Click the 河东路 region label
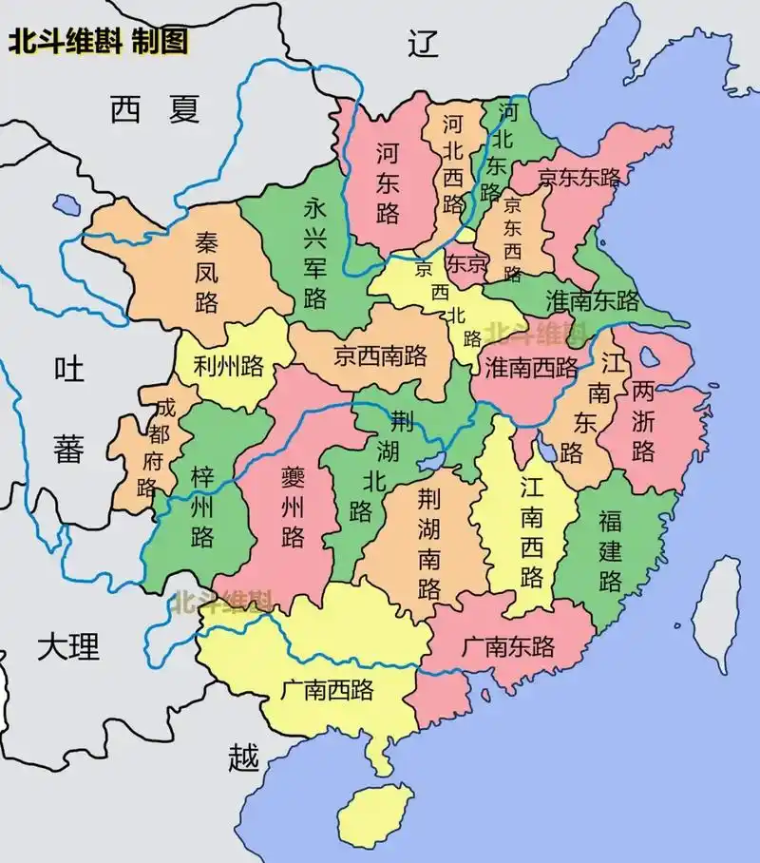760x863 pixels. (387, 182)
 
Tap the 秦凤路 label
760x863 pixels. (206, 273)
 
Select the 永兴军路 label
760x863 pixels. (315, 254)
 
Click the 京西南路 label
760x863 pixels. (380, 356)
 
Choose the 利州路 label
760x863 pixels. (228, 364)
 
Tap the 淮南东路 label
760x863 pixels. (593, 301)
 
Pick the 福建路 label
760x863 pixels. (609, 550)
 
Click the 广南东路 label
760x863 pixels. (508, 647)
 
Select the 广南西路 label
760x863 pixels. (327, 690)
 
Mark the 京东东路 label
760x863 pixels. (579, 177)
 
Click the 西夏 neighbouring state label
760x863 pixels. (155, 110)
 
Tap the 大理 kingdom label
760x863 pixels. (68, 647)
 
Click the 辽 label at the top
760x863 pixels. (423, 44)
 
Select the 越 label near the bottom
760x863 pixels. (243, 758)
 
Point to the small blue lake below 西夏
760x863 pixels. (66, 203)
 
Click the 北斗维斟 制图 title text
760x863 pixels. (98, 42)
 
